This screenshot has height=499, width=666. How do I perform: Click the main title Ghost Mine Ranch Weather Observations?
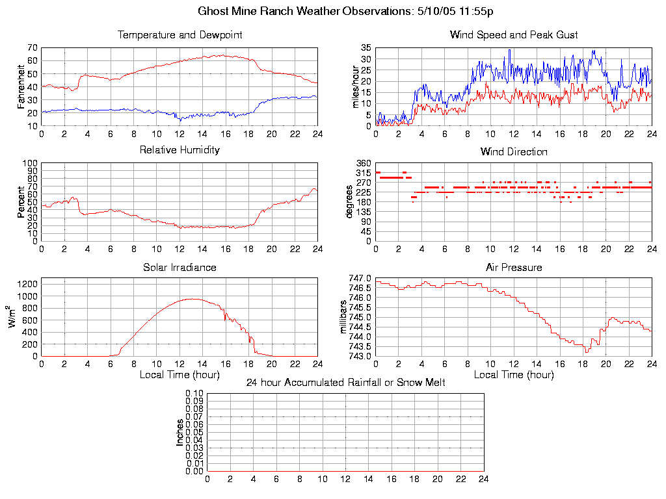(345, 11)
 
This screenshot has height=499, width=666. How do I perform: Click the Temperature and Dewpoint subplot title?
(180, 35)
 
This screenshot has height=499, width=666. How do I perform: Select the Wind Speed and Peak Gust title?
(514, 35)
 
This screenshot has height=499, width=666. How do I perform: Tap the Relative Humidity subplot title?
(180, 150)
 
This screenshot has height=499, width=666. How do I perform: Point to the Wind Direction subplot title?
(514, 152)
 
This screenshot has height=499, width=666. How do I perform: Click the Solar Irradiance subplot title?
(180, 267)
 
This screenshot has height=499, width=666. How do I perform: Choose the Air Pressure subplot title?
(514, 267)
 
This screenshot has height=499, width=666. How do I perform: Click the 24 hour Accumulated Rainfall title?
(345, 383)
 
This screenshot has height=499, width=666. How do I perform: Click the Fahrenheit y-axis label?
(21, 86)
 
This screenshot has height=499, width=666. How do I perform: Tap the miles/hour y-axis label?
(356, 86)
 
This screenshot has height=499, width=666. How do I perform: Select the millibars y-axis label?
(345, 317)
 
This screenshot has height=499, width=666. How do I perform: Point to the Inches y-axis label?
(180, 432)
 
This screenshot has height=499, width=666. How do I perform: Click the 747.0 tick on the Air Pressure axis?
(360, 278)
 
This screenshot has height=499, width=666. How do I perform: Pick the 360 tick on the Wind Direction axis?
(364, 163)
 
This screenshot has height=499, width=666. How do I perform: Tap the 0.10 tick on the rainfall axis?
(194, 393)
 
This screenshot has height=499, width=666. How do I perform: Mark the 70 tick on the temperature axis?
(32, 48)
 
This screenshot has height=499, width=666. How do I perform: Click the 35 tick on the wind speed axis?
(366, 48)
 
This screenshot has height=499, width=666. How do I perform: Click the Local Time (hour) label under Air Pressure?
(514, 375)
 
